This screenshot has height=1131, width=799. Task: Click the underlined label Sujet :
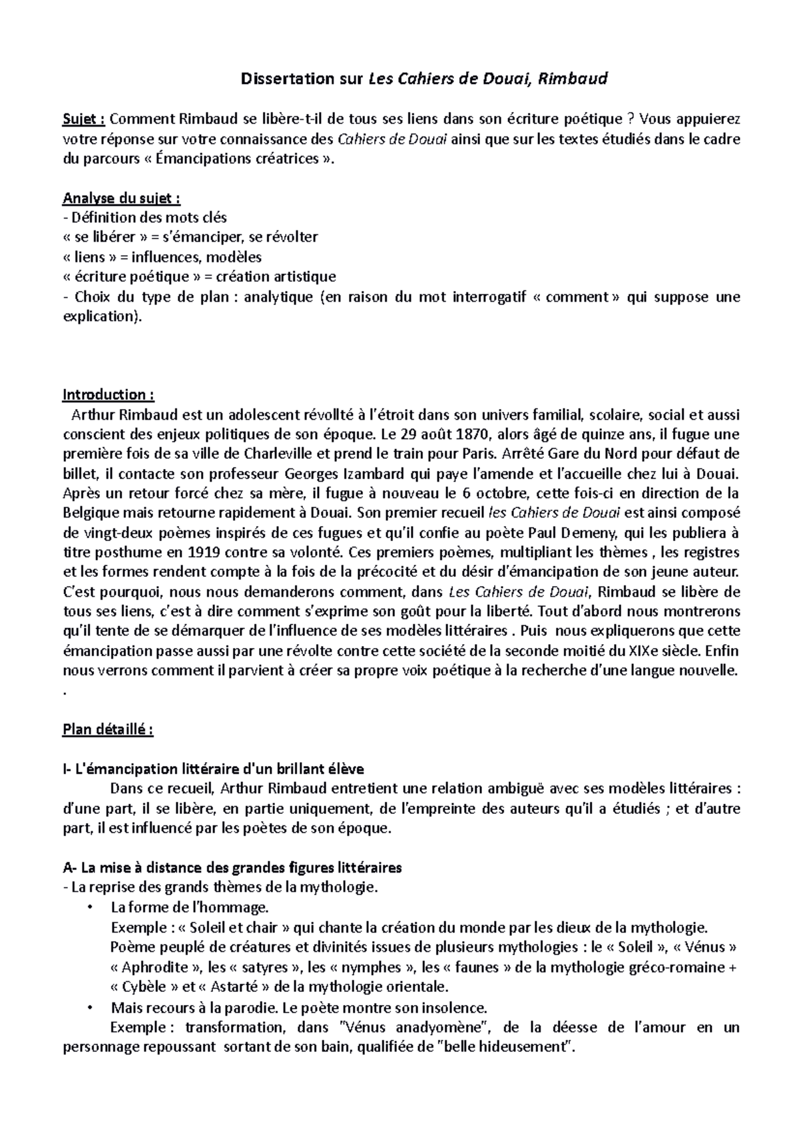click(83, 119)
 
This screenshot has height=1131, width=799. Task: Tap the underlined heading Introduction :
click(108, 395)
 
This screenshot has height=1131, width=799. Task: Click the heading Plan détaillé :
click(108, 729)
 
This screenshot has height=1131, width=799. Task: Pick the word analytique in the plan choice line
click(278, 297)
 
